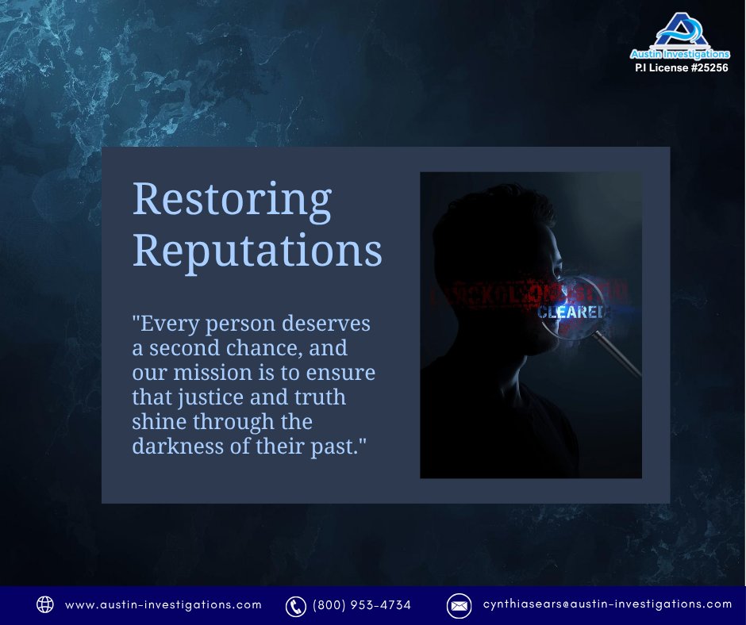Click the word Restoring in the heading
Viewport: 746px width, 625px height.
pyautogui.click(x=231, y=201)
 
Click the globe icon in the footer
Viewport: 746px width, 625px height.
pyautogui.click(x=45, y=604)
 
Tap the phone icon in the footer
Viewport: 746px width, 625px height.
pyautogui.click(x=295, y=605)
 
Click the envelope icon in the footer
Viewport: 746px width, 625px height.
pyautogui.click(x=458, y=605)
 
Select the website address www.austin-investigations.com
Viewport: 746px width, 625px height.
pyautogui.click(x=163, y=604)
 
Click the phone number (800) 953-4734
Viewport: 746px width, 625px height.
pyautogui.click(x=362, y=605)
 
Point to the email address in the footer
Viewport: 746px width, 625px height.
pyautogui.click(x=607, y=604)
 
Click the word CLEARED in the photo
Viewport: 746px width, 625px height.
pyautogui.click(x=571, y=312)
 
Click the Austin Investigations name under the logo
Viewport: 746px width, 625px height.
pyautogui.click(x=679, y=54)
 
